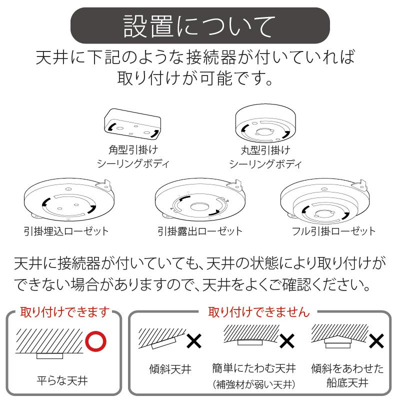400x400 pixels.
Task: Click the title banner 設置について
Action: [199, 25]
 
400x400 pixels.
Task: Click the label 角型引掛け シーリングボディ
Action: [133, 157]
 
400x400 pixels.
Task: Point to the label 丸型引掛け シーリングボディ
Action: [265, 157]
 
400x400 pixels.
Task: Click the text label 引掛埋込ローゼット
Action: [66, 231]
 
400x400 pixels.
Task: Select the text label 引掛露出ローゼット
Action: [199, 231]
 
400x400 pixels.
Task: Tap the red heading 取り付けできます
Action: [64, 312]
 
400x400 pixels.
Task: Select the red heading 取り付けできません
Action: [259, 312]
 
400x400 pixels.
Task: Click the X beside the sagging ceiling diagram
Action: [287, 341]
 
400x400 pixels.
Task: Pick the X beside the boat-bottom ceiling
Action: [376, 341]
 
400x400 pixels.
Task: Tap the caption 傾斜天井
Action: [170, 370]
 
